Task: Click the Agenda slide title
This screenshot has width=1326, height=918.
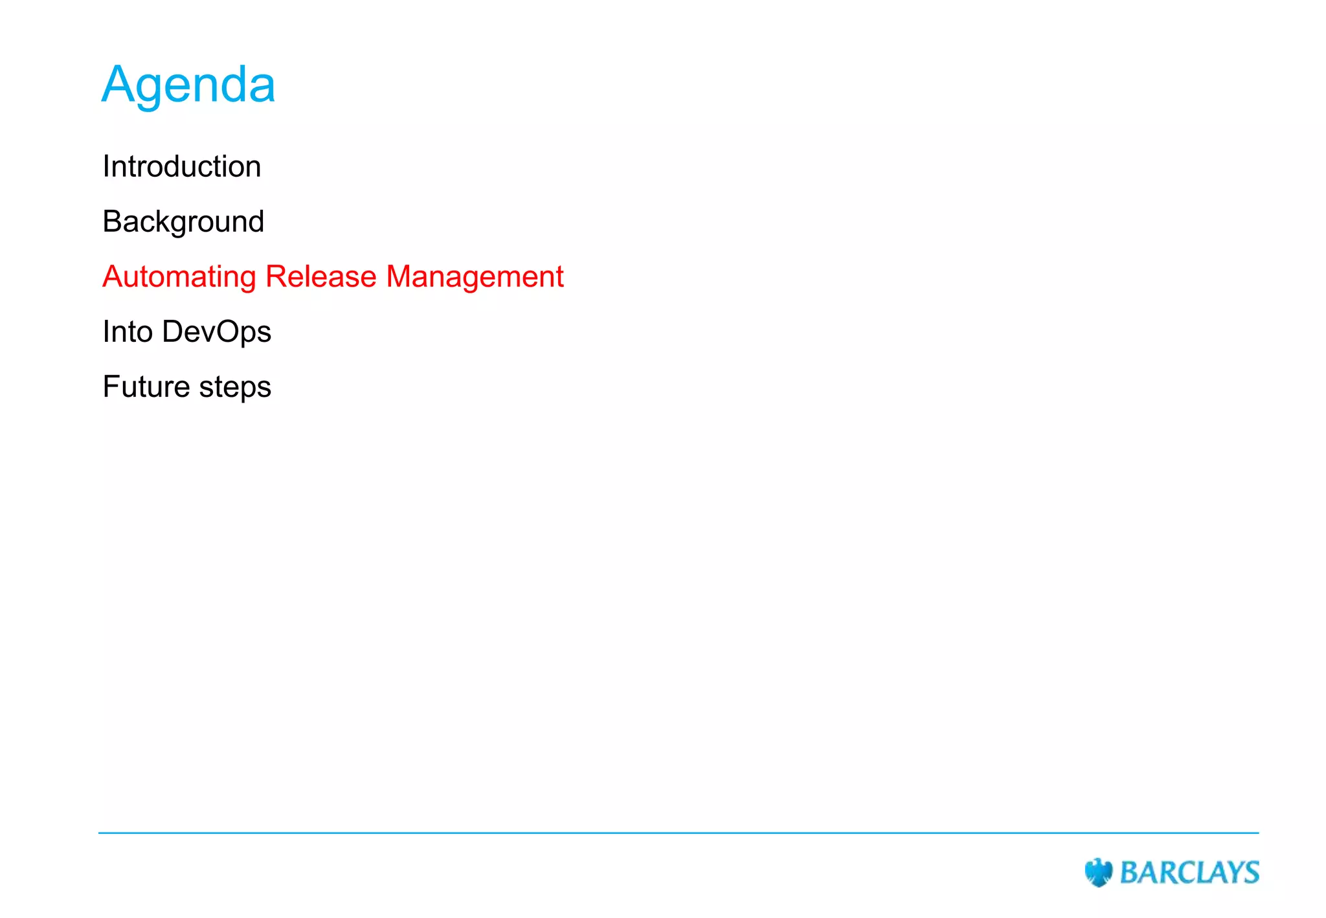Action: click(x=188, y=85)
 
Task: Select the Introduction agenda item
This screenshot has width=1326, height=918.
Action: click(x=182, y=167)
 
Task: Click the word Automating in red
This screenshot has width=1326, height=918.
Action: click(x=179, y=277)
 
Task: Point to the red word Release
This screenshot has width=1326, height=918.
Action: click(x=321, y=276)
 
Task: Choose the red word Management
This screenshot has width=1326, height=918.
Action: click(x=475, y=277)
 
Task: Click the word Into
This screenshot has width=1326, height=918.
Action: click(x=128, y=331)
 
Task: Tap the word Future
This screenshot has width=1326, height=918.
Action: click(x=146, y=387)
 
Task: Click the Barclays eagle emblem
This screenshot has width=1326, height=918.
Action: click(x=1098, y=873)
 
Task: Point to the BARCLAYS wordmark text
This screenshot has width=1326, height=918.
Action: click(x=1189, y=873)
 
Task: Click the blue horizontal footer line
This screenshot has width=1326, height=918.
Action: click(x=679, y=833)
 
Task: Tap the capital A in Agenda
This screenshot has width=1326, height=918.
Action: click(x=117, y=84)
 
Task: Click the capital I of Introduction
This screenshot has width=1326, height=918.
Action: click(x=106, y=167)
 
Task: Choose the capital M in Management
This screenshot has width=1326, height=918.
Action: click(x=399, y=276)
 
